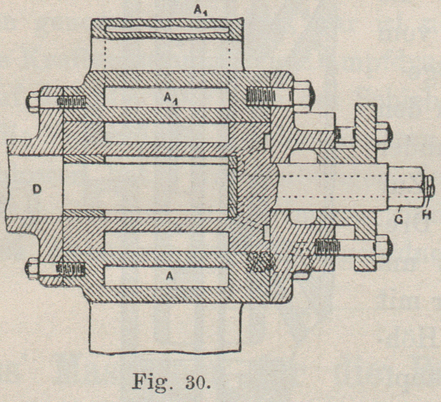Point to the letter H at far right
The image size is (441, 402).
click(x=428, y=214)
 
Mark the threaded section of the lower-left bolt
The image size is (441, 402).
click(x=71, y=268)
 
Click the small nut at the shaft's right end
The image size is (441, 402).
click(x=428, y=186)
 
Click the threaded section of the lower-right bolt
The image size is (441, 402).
click(x=328, y=245)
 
